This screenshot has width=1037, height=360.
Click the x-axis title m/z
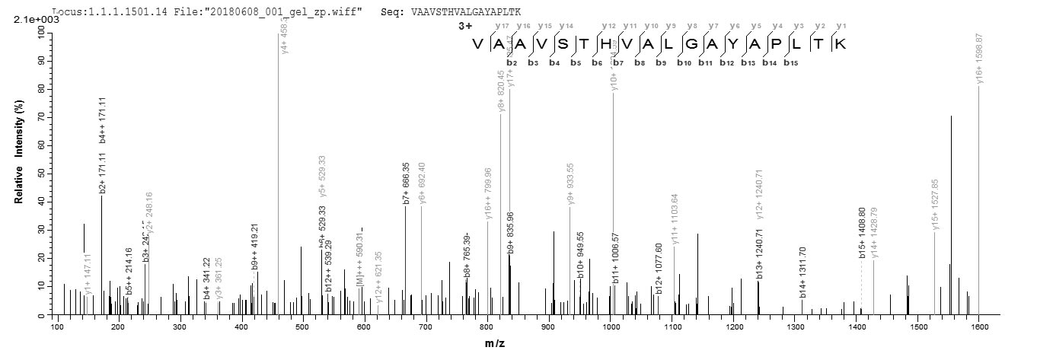(x=495, y=343)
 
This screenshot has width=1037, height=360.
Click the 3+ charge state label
(x=465, y=26)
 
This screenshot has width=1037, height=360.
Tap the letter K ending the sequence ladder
(x=841, y=43)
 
